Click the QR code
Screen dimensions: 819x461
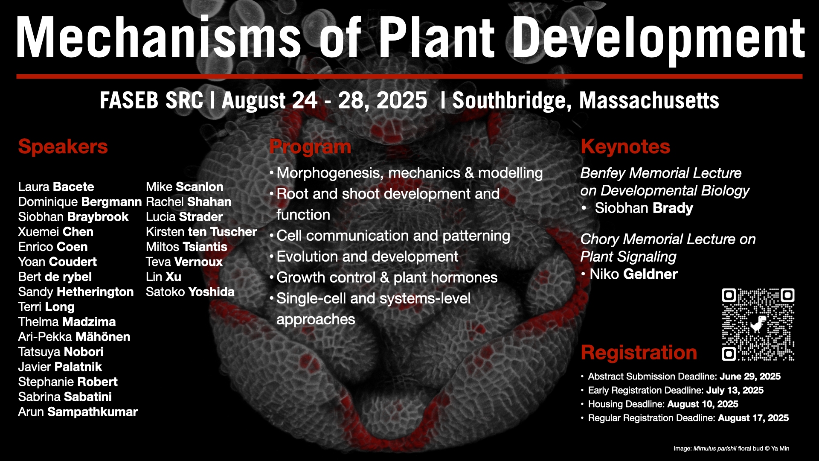[758, 324]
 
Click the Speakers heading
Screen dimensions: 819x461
[63, 147]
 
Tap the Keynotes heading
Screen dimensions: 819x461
[625, 147]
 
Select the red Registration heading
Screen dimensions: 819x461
[639, 353]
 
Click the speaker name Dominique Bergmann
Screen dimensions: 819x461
[80, 202]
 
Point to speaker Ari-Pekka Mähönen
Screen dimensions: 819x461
[74, 337]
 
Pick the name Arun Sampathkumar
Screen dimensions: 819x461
[78, 412]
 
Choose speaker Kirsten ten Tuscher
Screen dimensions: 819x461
[201, 232]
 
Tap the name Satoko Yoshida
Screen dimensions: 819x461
[190, 292]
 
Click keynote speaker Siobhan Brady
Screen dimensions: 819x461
[644, 208]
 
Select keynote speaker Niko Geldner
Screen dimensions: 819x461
[633, 274]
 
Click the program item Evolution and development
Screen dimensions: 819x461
[367, 257]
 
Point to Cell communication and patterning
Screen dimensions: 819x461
[393, 236]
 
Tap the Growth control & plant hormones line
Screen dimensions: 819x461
[387, 277]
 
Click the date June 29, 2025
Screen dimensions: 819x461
[750, 376]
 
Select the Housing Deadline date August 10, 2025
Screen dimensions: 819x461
[703, 404]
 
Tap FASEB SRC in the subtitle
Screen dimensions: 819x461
[151, 101]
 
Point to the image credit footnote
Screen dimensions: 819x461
[731, 449]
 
